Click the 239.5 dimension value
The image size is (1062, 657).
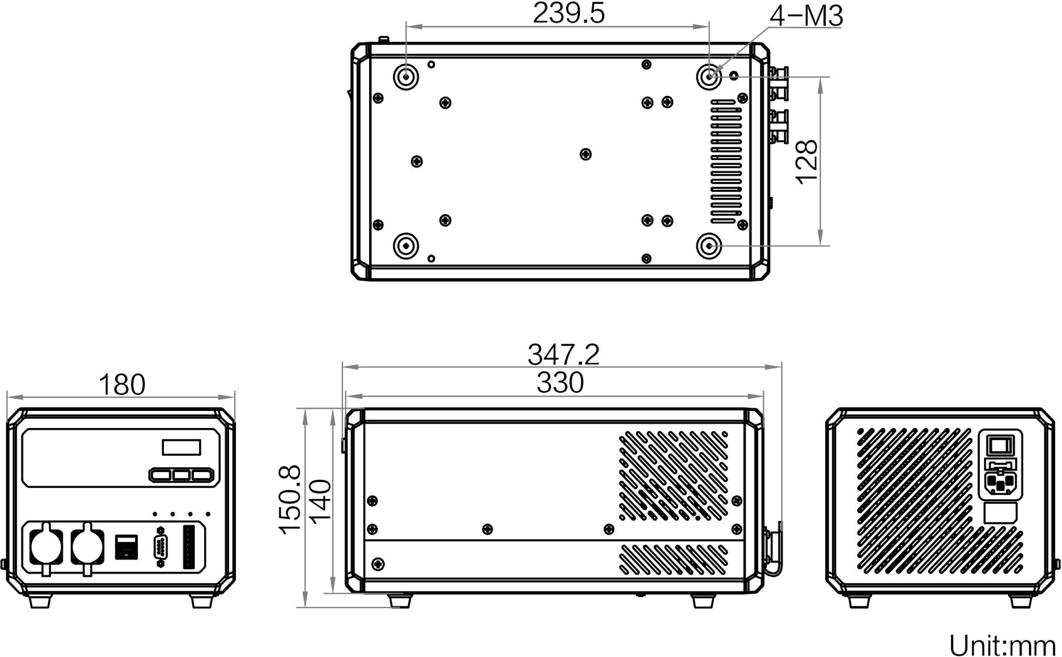[569, 14]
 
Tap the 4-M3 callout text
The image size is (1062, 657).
[806, 17]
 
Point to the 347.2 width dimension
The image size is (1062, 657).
[563, 355]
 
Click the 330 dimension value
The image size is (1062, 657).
[560, 384]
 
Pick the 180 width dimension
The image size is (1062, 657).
[122, 385]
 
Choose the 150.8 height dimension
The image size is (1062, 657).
[289, 500]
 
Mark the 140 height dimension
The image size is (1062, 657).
[319, 500]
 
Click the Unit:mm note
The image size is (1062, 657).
[1002, 645]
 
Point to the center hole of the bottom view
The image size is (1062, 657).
[585, 154]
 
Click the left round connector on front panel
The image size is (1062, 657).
[46, 550]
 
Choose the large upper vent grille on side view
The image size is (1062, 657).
[673, 475]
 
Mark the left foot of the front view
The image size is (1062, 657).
[40, 601]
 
